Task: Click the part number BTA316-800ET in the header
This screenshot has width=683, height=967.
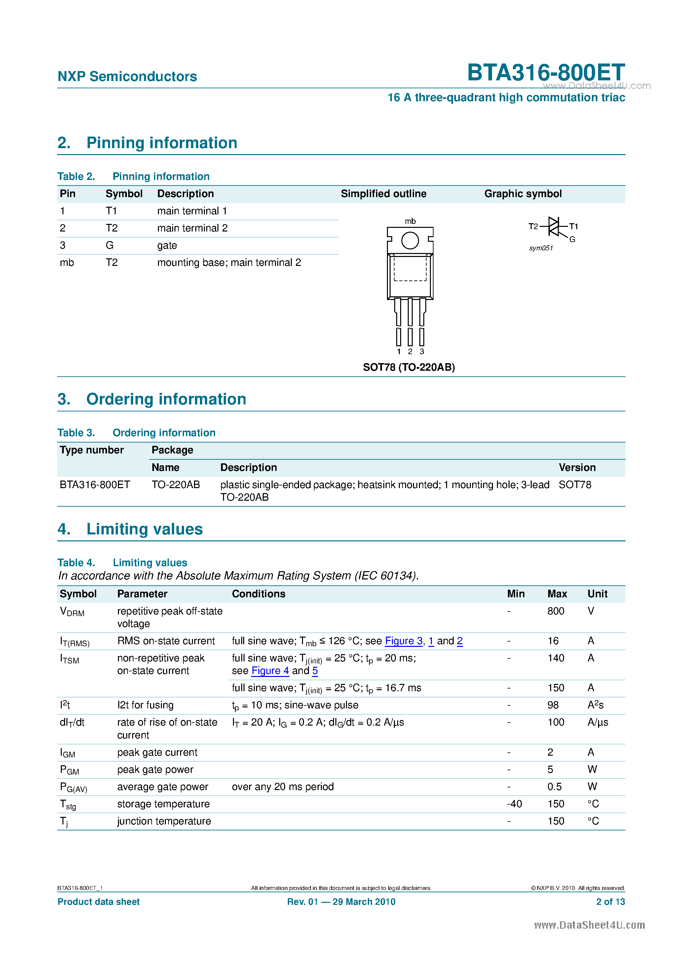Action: pos(546,72)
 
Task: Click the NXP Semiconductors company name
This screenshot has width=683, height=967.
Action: pos(127,77)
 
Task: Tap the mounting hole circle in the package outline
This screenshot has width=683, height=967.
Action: pos(410,241)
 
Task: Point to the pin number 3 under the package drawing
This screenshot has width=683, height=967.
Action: pos(422,352)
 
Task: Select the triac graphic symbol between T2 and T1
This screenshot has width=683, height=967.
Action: pos(554,227)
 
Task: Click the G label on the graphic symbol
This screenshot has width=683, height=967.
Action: pos(572,239)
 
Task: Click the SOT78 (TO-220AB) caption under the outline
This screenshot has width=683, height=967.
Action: pos(409,367)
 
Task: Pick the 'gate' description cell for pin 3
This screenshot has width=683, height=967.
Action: pos(167,245)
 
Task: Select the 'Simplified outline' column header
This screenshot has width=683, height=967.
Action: pos(383,194)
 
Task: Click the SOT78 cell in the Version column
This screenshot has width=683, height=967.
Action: pos(575,485)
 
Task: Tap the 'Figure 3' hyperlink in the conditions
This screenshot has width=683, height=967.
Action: pos(403,641)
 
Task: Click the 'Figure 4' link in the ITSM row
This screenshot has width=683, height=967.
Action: pos(270,671)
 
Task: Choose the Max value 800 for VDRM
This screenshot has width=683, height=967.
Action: pos(555,611)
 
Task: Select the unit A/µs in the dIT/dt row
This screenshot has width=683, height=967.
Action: pos(597,722)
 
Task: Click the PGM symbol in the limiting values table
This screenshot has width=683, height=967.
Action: pos(69,770)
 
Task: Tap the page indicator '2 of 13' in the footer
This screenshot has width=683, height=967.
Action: pos(610,902)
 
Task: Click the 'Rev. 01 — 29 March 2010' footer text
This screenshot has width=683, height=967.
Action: pos(341,902)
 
